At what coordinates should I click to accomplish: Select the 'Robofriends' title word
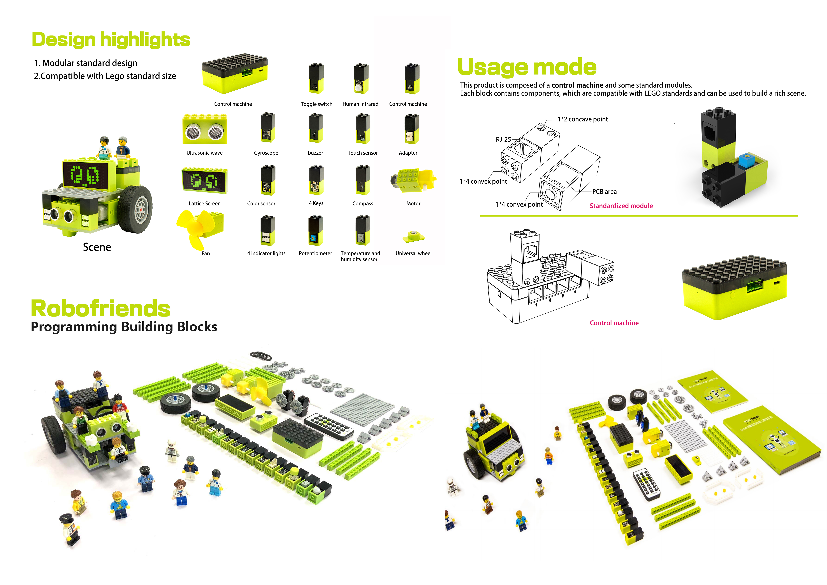pos(101,309)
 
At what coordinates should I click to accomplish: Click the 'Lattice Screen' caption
pos(205,203)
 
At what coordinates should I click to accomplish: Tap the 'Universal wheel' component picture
pos(413,237)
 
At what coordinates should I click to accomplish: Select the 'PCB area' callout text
pos(604,192)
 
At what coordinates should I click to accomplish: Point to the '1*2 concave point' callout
pos(582,119)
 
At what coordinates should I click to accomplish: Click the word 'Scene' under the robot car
pos(97,247)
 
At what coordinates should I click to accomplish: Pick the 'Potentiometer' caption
pos(315,254)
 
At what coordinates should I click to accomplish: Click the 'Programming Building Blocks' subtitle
pos(124,327)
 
